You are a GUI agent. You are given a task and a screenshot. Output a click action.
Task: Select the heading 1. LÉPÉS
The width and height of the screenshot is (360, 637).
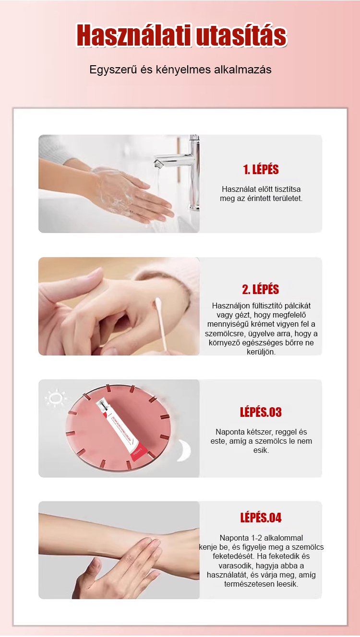(x=261, y=169)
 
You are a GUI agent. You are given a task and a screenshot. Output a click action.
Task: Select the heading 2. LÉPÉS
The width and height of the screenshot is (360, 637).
(x=260, y=289)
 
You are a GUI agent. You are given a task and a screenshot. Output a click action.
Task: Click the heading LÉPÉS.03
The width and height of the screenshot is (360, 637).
(x=261, y=412)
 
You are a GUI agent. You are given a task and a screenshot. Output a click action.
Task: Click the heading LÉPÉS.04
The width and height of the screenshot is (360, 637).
(x=261, y=518)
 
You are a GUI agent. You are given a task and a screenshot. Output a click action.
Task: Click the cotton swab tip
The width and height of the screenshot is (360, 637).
(x=157, y=303)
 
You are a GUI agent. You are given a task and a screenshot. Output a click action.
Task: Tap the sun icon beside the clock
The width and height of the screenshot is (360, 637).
(x=56, y=398)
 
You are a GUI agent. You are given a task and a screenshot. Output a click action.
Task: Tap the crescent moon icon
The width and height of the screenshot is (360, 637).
(x=184, y=450)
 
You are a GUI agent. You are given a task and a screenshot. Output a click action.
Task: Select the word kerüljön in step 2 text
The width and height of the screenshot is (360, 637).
(x=261, y=352)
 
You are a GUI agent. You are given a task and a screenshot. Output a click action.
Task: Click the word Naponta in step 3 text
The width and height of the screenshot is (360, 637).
(x=228, y=432)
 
